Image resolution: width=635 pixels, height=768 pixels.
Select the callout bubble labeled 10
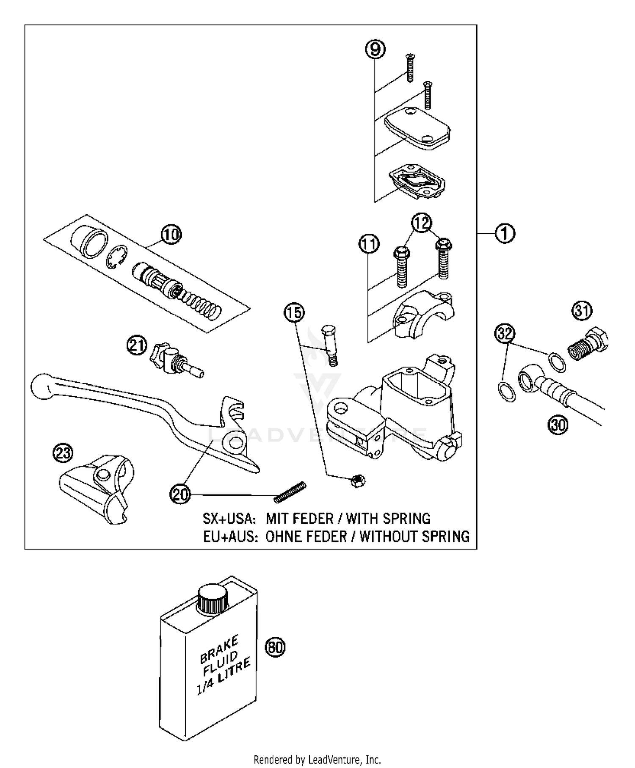pos(171,234)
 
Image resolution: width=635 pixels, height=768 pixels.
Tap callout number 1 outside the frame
pos(504,233)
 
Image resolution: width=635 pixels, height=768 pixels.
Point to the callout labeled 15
pos(294,313)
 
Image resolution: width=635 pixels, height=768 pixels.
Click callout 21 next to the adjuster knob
pos(137,346)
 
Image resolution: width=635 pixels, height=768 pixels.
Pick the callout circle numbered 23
pos(63,453)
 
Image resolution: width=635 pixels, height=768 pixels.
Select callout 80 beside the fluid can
pos(275,647)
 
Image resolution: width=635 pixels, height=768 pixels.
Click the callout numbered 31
pos(582,311)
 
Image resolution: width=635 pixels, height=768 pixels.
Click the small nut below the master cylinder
pos(358,481)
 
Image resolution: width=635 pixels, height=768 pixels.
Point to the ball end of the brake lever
pos(41,386)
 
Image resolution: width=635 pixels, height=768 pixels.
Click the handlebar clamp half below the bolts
pos(424,313)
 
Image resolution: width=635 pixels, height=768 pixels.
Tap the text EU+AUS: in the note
pos(230,536)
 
